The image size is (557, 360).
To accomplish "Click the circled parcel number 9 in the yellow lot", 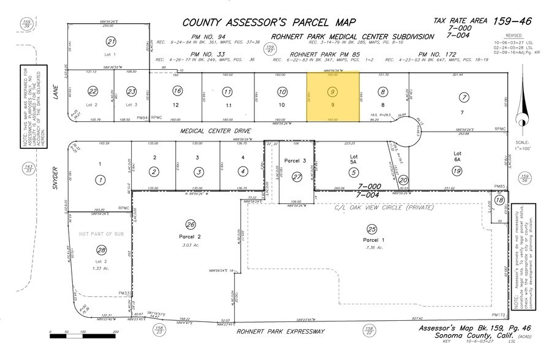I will coord(332,92).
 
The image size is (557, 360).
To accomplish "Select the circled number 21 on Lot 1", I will coord(111,42).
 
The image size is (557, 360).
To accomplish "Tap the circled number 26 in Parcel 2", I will coord(191,224).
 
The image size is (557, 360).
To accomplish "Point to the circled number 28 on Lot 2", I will coord(102,250).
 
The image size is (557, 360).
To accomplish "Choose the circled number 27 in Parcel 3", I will coord(297,177).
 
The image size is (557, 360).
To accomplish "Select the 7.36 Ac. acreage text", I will coord(371,247).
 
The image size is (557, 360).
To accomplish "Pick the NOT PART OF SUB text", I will coord(99,234).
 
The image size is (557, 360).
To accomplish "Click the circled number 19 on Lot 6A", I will coord(457,171).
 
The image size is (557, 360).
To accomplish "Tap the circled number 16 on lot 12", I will coord(178,91).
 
